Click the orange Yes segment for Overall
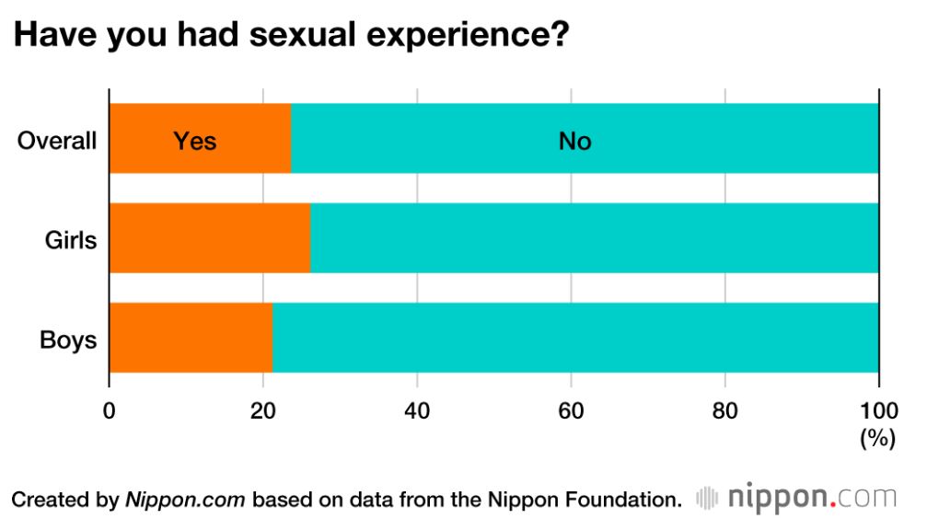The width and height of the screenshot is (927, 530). [200, 139]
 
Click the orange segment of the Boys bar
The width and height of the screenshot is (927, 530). [191, 338]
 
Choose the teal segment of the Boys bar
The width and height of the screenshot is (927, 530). [575, 338]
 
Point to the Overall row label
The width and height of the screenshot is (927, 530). [57, 141]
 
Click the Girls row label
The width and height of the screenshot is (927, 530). [71, 240]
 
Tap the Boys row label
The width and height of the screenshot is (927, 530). [68, 340]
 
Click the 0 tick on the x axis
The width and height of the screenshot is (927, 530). [110, 409]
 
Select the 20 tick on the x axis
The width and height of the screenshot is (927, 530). [263, 409]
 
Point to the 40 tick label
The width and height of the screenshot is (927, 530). [417, 409]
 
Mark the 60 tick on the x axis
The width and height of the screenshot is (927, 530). [571, 409]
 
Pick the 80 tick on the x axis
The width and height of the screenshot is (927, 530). [725, 409]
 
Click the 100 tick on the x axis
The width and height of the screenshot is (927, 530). [878, 409]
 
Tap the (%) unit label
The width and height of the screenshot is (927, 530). [877, 439]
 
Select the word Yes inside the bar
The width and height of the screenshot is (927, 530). [195, 141]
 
